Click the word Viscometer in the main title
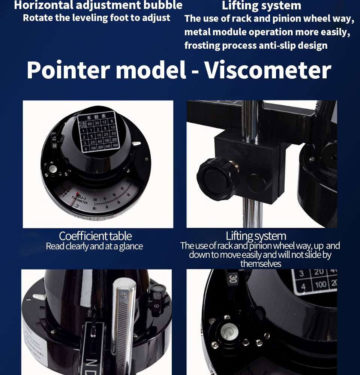point(268,70)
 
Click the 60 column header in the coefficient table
point(90,124)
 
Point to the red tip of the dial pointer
point(77,194)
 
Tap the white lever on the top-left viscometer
point(137,143)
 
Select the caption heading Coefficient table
point(95,236)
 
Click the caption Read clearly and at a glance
point(94,246)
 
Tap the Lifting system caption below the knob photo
point(256,236)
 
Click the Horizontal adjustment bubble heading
point(98,5)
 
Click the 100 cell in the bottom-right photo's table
point(321,285)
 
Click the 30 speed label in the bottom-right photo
point(232,279)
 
